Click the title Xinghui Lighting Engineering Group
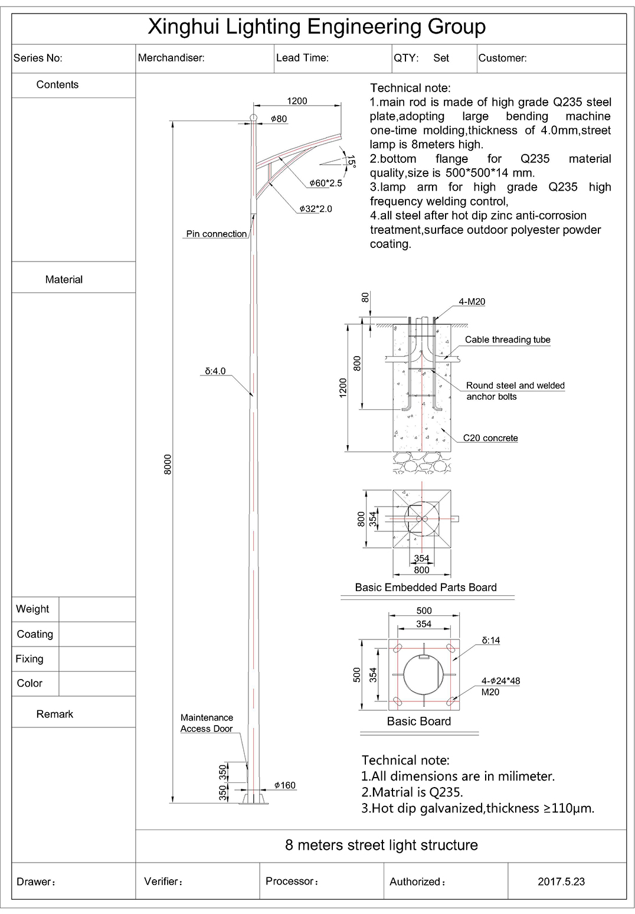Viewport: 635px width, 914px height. [x=316, y=27]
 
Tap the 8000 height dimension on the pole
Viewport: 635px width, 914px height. [x=168, y=464]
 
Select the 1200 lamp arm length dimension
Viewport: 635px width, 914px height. [x=297, y=101]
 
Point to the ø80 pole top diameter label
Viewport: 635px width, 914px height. [x=279, y=119]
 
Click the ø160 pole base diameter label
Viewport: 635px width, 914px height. [x=284, y=785]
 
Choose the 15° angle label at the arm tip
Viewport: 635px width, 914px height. [x=351, y=161]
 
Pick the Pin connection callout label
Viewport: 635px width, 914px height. [x=216, y=234]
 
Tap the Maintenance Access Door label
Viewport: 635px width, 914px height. [x=207, y=723]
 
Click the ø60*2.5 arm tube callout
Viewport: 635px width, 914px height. [x=326, y=183]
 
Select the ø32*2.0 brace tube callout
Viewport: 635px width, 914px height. [x=316, y=209]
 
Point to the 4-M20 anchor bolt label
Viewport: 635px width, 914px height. [x=472, y=302]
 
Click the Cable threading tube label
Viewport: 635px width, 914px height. [x=508, y=340]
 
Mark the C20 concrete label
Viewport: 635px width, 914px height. [x=490, y=438]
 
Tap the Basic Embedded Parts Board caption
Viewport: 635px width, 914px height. [x=425, y=587]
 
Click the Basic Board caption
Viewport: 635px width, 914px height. [x=418, y=721]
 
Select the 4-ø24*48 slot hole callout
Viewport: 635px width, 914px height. [x=500, y=681]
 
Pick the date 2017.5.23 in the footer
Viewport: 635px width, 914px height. [x=561, y=882]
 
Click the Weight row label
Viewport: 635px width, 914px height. [x=32, y=609]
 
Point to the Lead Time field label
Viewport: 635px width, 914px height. [x=302, y=58]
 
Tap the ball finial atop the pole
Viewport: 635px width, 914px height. [x=254, y=117]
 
